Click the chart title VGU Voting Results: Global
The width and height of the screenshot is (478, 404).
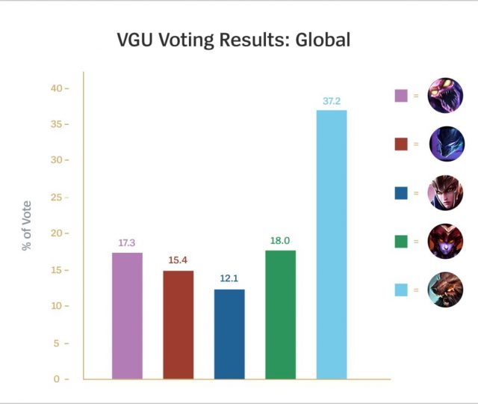[x=233, y=40]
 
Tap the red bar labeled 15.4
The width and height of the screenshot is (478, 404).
[x=179, y=325]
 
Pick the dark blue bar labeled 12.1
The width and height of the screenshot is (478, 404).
[x=229, y=334]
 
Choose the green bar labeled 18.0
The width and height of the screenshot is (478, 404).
[x=280, y=314]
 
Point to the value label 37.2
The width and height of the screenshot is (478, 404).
[x=331, y=101]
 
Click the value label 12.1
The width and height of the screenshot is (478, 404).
[x=229, y=279]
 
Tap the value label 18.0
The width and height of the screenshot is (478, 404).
[x=280, y=241]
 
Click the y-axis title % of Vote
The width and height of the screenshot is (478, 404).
[x=27, y=225]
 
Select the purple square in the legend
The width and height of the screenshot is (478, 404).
[x=401, y=95]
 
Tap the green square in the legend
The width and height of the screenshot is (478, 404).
[x=401, y=241]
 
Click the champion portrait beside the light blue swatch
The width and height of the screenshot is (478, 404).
[x=445, y=290]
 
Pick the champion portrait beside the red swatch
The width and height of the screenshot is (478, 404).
[x=445, y=144]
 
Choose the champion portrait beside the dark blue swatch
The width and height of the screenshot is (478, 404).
[x=445, y=192]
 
